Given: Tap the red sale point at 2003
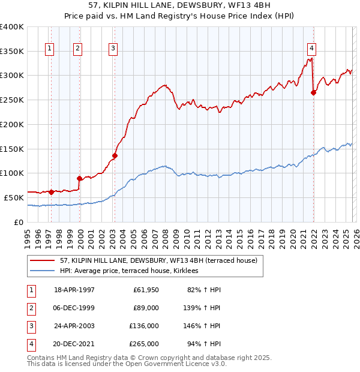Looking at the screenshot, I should coord(115,155).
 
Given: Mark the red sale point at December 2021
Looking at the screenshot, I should coord(313,92).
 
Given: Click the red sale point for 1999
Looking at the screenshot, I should coord(79,178).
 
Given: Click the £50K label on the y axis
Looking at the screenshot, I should coord(14,197).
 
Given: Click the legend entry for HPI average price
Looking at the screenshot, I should coord(133,271).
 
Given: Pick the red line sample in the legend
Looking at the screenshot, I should coord(43,260).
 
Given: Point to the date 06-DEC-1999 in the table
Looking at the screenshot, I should coord(74,308).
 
